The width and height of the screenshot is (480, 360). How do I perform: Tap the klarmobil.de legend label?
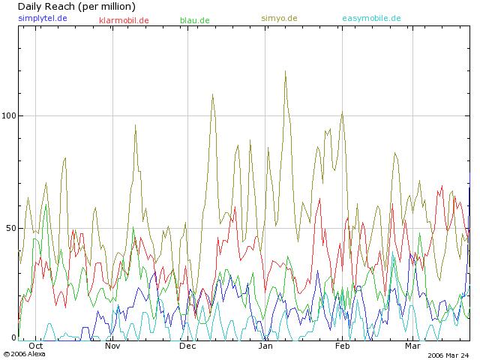click(124, 20)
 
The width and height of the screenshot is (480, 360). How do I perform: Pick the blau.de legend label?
click(195, 20)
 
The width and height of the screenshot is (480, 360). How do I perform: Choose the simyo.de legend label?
click(279, 18)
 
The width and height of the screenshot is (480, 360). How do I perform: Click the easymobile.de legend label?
click(371, 18)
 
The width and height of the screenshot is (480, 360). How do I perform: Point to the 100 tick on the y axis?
click(8, 116)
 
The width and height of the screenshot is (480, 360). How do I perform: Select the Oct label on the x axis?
click(35, 346)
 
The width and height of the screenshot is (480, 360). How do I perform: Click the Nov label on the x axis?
click(112, 346)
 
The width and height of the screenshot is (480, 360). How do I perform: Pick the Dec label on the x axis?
click(187, 346)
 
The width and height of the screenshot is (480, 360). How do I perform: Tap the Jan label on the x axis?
click(265, 346)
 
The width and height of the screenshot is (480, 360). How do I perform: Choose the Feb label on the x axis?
click(342, 346)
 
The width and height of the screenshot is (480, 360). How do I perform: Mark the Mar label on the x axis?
click(412, 346)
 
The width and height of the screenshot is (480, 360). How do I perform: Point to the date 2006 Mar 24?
click(448, 355)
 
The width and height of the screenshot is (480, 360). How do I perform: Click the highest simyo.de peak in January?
click(285, 72)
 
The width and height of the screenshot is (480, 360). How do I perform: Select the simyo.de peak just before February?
click(342, 113)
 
